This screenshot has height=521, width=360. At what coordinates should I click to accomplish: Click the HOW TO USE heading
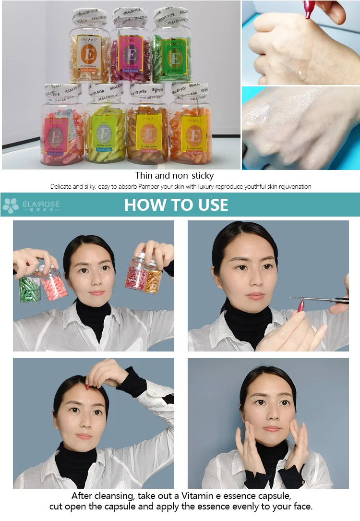pyautogui.click(x=176, y=205)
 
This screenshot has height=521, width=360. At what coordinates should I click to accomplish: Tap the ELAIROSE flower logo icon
pyautogui.click(x=11, y=206)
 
